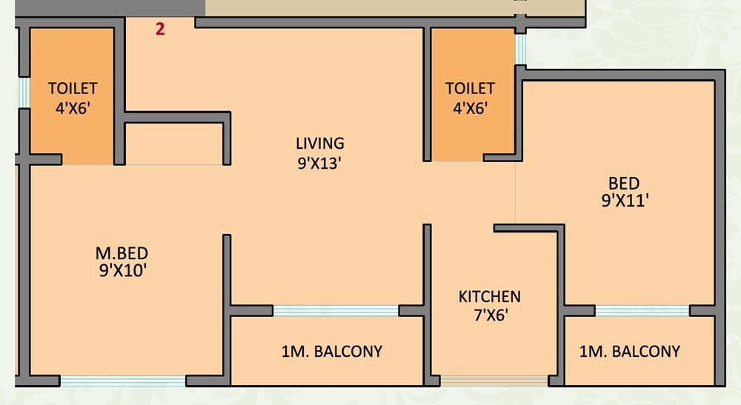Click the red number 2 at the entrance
[160, 30]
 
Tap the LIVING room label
[319, 144]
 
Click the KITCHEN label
[489, 297]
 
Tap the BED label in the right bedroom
[623, 183]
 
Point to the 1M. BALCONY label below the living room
[331, 351]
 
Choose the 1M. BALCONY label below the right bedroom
[629, 351]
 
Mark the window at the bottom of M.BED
[122, 381]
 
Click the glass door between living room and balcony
[336, 311]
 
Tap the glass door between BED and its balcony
[642, 311]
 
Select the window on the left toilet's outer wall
[23, 93]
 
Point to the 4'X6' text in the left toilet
[73, 108]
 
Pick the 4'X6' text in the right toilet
[470, 108]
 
